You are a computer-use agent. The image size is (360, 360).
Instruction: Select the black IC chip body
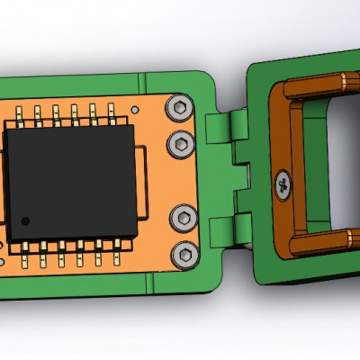(x=72, y=180)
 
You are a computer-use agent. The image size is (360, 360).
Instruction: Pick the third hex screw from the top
(x=184, y=217)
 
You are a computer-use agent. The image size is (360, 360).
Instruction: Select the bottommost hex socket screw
(x=185, y=254)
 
